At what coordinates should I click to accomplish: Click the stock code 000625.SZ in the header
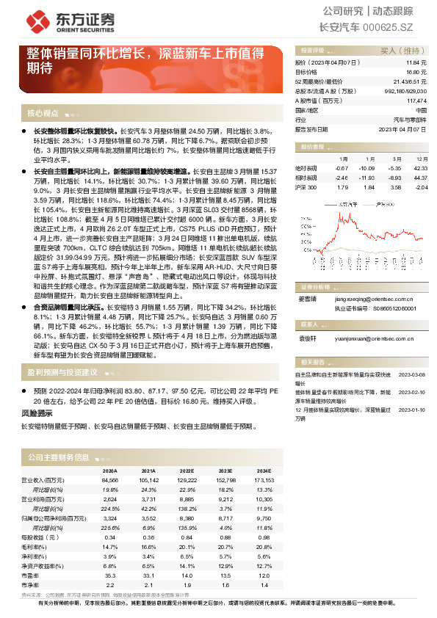[x=400, y=27]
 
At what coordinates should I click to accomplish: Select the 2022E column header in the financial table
[x=185, y=470]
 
